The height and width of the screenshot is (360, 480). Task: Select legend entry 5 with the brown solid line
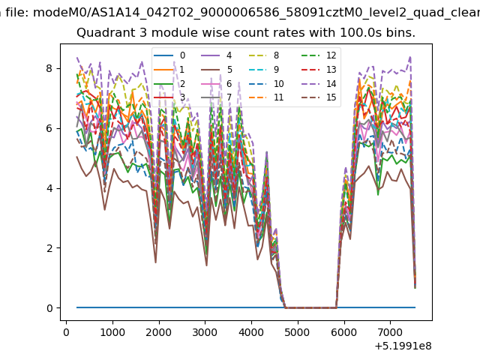217,70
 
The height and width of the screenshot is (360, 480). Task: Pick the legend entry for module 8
264,55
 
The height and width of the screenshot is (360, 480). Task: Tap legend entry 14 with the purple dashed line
319,83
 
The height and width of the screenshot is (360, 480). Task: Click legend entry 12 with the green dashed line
319,55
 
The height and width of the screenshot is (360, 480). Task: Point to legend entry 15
319,97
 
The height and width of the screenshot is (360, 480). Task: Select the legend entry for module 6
217,83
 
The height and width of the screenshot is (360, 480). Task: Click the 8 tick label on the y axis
49,68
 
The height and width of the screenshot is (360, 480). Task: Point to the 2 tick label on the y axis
49,248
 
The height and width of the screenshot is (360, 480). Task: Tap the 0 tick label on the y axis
49,308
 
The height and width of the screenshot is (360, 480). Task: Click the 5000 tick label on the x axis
297,332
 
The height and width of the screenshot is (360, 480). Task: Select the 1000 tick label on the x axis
112,332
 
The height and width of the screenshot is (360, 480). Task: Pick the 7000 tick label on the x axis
390,332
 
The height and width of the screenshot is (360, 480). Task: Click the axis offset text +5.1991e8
403,346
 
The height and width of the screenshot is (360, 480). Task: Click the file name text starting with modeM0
256,13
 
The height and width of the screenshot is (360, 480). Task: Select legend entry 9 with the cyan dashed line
264,70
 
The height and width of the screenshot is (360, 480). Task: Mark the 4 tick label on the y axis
49,188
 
